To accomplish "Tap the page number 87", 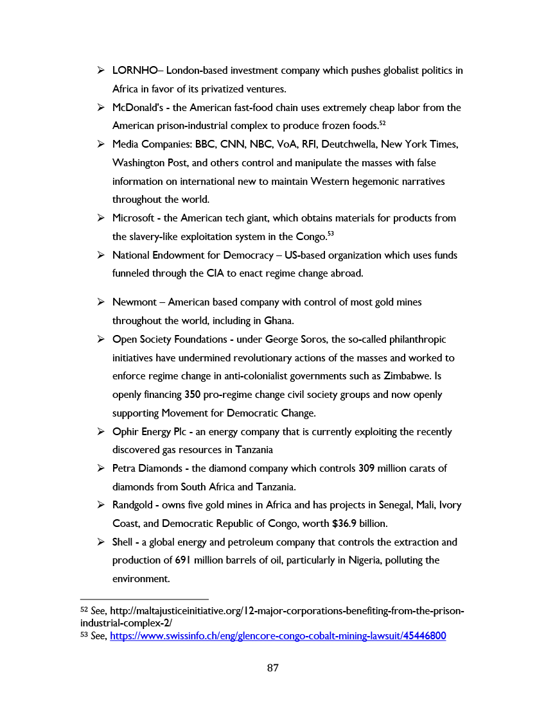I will (x=272, y=668).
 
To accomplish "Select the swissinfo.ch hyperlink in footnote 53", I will (x=277, y=637).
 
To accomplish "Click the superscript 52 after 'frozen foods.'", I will (x=382, y=123).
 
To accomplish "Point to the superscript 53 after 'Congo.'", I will (x=330, y=233).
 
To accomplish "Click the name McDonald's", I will (x=134, y=108).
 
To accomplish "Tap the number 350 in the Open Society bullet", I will (x=193, y=395).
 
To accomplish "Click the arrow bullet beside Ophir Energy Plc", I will (x=101, y=432).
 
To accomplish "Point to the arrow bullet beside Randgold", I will (x=101, y=506).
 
